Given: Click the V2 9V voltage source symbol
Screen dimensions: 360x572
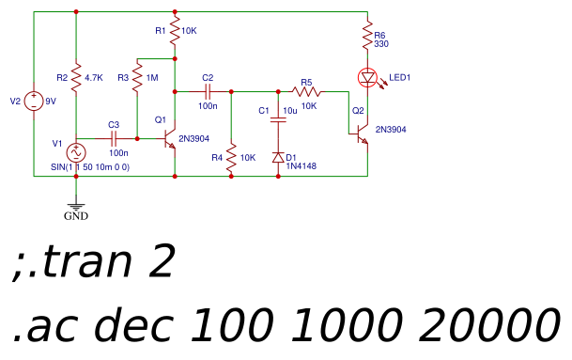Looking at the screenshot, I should (x=34, y=101).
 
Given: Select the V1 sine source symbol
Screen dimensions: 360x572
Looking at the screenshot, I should (x=75, y=152).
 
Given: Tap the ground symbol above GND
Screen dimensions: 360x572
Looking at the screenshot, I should (x=75, y=203).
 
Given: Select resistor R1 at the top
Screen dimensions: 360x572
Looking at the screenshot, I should (x=175, y=31).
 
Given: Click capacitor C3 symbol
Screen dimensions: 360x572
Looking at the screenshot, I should (x=114, y=138).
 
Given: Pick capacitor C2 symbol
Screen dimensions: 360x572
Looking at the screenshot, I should (x=208, y=92).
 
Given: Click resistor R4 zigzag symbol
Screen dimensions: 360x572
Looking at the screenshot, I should (x=231, y=156).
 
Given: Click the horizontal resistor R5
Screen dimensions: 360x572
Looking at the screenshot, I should (x=307, y=92).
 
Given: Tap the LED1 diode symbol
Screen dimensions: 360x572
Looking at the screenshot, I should (x=367, y=77).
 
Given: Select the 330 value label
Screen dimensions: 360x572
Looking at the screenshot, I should (x=381, y=44).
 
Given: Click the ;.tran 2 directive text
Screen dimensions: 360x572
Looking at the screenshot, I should (x=94, y=264).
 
